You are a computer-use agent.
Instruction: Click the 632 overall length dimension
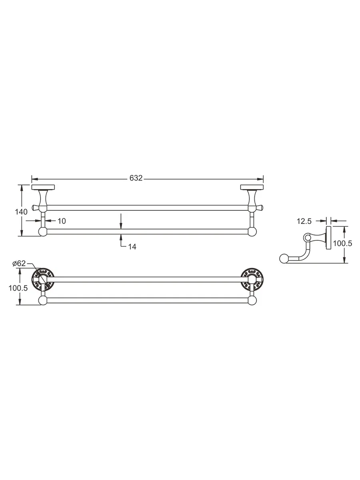(x=136, y=178)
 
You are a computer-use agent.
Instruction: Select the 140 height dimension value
(x=21, y=212)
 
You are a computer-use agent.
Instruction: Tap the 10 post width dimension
(x=62, y=221)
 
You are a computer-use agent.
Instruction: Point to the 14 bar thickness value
(x=132, y=247)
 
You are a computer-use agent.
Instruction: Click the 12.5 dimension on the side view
(x=304, y=221)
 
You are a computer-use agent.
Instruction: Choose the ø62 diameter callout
(x=19, y=263)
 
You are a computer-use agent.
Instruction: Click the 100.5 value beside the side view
(x=342, y=243)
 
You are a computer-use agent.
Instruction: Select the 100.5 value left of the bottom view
(x=18, y=288)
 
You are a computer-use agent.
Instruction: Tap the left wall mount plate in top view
(x=43, y=187)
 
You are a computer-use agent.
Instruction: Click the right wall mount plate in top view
(x=252, y=187)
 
